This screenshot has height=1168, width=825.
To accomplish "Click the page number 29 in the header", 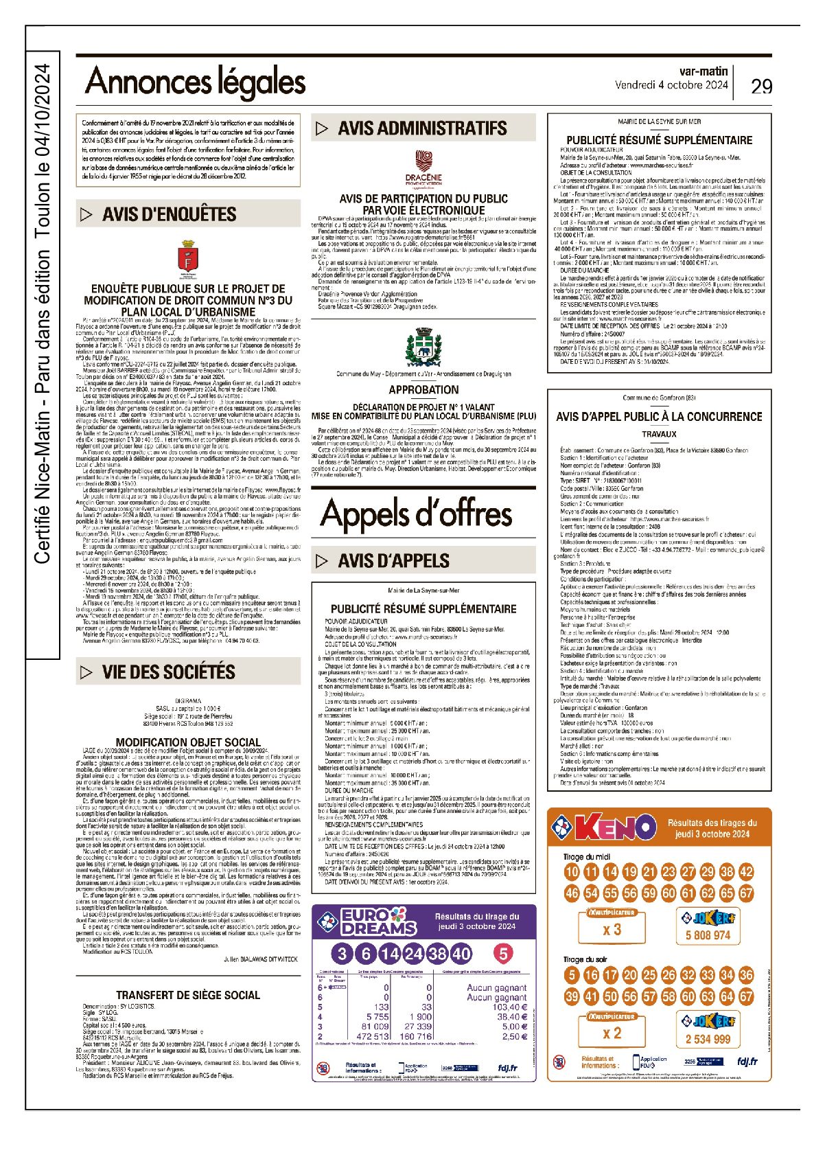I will (x=761, y=86).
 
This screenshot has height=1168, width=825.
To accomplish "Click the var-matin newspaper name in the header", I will (x=703, y=71).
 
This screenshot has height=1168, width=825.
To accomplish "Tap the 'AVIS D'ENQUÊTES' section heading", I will (x=169, y=214).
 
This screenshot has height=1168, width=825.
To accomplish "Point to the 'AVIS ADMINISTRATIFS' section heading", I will (x=422, y=128).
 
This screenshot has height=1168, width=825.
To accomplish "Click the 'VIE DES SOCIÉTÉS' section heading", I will (x=169, y=672).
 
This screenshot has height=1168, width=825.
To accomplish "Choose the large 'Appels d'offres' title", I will (x=416, y=513).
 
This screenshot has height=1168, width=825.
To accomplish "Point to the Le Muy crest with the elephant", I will (x=423, y=345).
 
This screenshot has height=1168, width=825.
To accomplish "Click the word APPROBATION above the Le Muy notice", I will (x=423, y=389).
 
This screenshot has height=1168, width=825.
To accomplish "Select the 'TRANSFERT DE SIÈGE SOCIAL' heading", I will (x=187, y=995).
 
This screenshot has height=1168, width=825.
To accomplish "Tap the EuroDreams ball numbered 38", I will (x=437, y=953).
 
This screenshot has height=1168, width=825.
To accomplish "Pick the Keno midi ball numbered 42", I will (x=746, y=872).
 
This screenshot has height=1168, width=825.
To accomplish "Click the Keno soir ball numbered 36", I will (x=746, y=975).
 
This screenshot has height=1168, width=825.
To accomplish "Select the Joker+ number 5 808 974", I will (x=708, y=935).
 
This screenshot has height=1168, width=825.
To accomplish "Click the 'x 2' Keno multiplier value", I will (x=612, y=1033).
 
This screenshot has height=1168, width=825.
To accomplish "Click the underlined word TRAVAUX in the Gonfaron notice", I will (x=659, y=434).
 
